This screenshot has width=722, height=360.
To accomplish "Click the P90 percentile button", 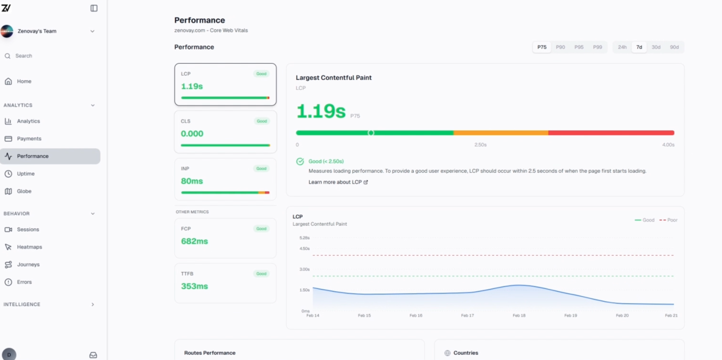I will click(x=560, y=47).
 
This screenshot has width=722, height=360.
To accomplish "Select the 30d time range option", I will click(x=656, y=47).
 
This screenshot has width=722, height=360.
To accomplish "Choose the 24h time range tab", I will click(x=622, y=47).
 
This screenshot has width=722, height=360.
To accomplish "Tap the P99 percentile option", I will click(x=597, y=47).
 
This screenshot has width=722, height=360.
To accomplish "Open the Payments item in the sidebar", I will click(x=29, y=139).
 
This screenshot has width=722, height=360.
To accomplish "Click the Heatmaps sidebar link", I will click(x=29, y=247).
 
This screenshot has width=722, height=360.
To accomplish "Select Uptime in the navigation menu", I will click(x=26, y=174).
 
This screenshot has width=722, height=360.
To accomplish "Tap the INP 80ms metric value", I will click(x=192, y=181).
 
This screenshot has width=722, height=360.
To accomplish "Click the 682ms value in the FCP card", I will click(x=194, y=241).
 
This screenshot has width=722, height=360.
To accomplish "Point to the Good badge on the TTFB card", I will click(x=261, y=274).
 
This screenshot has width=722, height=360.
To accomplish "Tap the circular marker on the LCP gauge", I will click(x=371, y=133).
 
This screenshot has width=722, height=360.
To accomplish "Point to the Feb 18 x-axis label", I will click(x=519, y=315).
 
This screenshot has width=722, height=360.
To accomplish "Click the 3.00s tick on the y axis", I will click(x=304, y=269).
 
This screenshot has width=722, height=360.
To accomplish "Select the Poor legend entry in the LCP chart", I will click(x=669, y=220).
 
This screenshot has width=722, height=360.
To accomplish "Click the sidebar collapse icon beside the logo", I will click(x=94, y=8).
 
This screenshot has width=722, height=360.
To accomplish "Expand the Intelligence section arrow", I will click(x=93, y=305).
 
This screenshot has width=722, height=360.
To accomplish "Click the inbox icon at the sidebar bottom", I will click(x=93, y=355).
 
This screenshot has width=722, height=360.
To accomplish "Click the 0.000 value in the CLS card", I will click(x=192, y=134).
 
